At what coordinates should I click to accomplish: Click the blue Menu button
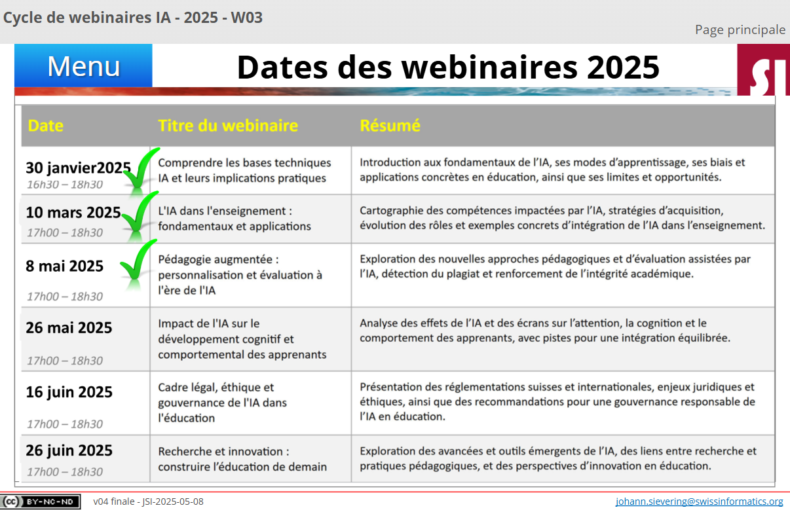[x=83, y=65]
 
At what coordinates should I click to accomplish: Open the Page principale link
[x=740, y=30]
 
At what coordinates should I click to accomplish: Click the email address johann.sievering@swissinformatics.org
[x=699, y=501]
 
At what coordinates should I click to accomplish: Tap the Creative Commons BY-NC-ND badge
[x=40, y=501]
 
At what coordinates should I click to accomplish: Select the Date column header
[x=45, y=126]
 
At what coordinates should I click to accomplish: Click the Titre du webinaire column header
[x=228, y=126]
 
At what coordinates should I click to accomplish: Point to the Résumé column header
[x=390, y=126]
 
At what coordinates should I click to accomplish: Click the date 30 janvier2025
[x=79, y=168]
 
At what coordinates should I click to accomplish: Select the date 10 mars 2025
[x=73, y=213]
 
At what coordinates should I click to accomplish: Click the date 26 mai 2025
[x=69, y=328]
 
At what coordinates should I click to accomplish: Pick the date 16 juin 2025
[x=69, y=392]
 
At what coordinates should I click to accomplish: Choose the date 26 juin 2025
[x=69, y=450]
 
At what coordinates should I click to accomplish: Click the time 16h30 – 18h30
[x=65, y=185]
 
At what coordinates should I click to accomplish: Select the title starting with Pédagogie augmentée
[x=240, y=275]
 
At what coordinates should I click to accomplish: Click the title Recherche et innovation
[x=242, y=459]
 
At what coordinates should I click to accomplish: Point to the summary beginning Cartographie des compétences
[x=562, y=218]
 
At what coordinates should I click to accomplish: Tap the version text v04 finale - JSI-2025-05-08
[x=149, y=501]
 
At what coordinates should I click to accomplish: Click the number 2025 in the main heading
[x=623, y=67]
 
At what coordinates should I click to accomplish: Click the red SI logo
[x=764, y=70]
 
